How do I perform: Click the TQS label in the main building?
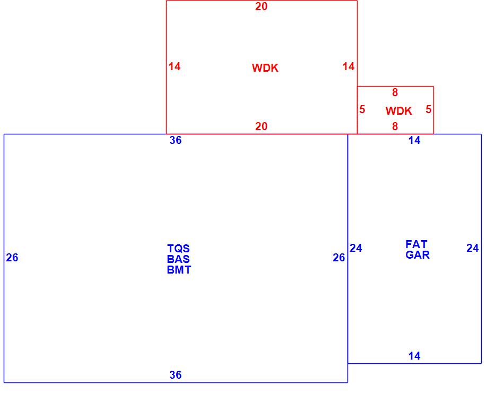(178, 249)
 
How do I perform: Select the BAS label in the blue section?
(178, 259)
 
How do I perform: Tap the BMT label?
(179, 270)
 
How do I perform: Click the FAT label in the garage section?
(416, 244)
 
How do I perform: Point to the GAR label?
(418, 255)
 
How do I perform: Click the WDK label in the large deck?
(265, 68)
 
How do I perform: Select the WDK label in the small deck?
(399, 111)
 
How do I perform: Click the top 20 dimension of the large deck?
(262, 7)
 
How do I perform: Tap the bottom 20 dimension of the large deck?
(262, 126)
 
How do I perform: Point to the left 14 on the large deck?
(175, 66)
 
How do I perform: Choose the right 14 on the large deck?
(349, 66)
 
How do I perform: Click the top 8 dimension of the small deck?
(395, 93)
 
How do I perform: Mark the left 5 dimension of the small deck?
(362, 110)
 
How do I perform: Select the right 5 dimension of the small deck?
(429, 110)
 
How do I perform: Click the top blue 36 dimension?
(176, 140)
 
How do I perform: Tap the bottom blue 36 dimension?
(176, 375)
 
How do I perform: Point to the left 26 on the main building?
(12, 258)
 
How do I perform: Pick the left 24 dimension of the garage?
(356, 248)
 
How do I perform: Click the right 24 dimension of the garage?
(473, 248)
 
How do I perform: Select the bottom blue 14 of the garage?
(414, 356)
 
